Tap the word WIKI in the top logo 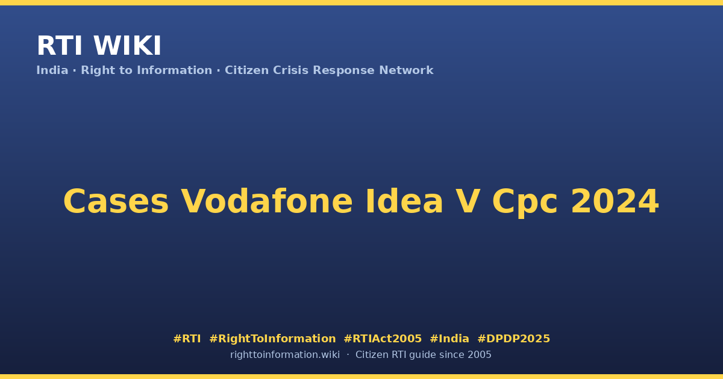pos(127,46)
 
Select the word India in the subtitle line pos(52,70)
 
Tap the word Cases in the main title pos(116,202)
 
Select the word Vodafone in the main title pos(266,202)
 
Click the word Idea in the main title pos(404,202)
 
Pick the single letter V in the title pos(468,202)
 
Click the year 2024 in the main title pos(615,202)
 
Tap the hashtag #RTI pos(187,339)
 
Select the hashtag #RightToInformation pos(272,339)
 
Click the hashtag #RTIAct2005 pos(383,339)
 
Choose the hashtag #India pos(449,339)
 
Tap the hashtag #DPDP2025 pos(513,339)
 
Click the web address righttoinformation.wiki pos(285,355)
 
